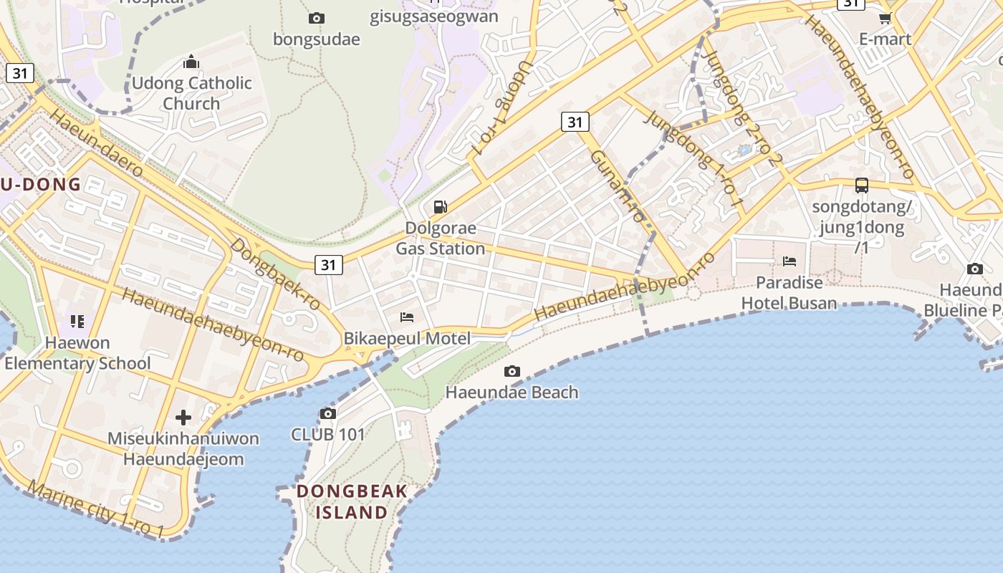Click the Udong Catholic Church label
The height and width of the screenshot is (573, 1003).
191,93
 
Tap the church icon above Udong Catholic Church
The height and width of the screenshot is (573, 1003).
191,62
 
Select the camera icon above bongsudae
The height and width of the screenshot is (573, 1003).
316,18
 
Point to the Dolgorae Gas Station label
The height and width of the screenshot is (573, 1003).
441,239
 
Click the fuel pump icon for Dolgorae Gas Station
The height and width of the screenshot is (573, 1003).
441,208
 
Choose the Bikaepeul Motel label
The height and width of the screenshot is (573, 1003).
407,339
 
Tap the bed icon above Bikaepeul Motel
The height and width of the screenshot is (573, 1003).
407,317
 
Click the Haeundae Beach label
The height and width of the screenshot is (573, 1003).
512,393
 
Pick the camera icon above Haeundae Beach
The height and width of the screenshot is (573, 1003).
512,371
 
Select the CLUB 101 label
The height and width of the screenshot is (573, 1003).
327,434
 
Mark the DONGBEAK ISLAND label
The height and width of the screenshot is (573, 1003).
352,501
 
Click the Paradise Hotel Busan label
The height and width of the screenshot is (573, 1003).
789,293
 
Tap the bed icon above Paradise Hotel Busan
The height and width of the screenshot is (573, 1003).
790,261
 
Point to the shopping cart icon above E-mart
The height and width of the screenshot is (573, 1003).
885,18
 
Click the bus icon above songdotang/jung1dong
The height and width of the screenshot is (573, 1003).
862,186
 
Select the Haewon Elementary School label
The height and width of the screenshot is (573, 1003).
77,353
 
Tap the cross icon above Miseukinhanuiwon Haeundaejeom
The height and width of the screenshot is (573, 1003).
183,417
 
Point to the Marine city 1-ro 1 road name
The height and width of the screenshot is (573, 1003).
96,509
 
